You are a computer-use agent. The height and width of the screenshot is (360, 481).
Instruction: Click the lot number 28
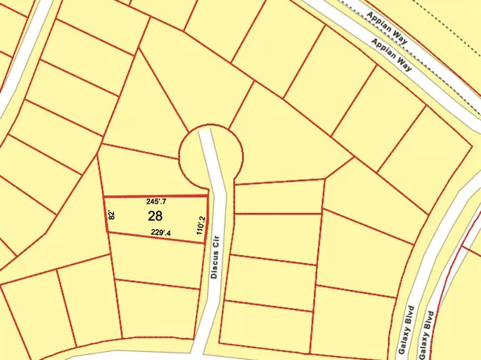click(x=156, y=216)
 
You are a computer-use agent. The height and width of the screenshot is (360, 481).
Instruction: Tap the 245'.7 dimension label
click(x=156, y=201)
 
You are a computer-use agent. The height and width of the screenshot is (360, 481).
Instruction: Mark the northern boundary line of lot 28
click(x=155, y=196)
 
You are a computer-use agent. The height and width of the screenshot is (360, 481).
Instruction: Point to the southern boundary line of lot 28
click(x=157, y=238)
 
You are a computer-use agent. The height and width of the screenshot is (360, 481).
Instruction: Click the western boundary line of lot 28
click(x=106, y=216)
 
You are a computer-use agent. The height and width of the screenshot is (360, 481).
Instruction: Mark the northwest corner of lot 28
click(x=103, y=197)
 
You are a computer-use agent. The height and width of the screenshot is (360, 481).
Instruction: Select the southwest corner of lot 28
click(x=108, y=233)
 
